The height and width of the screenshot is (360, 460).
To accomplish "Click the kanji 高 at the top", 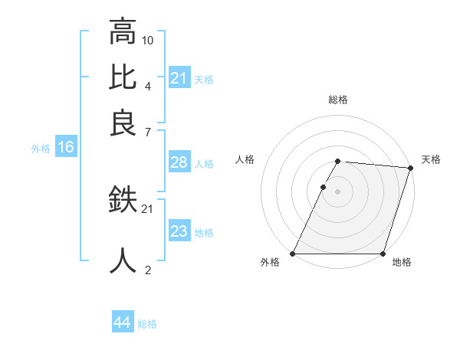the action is click(x=123, y=32).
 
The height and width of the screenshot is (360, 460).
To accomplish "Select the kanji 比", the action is click(x=123, y=78).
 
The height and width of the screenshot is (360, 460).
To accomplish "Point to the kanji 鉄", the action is click(x=123, y=201).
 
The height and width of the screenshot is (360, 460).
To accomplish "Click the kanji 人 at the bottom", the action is click(x=123, y=260).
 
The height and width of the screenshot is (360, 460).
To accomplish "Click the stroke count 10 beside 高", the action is click(x=148, y=40).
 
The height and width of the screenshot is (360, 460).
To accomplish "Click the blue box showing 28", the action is click(x=179, y=163).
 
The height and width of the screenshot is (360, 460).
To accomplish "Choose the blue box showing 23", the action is click(x=179, y=232).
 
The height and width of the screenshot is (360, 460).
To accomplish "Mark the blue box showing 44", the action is click(x=122, y=323).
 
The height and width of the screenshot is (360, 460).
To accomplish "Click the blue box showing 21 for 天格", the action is click(x=179, y=79).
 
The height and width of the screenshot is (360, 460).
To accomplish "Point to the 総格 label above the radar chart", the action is click(x=337, y=100).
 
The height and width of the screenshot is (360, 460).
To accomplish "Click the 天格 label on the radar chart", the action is click(x=431, y=159).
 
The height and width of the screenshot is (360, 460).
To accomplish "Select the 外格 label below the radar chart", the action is click(x=270, y=263).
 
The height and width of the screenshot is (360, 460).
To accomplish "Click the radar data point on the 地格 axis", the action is click(x=383, y=254).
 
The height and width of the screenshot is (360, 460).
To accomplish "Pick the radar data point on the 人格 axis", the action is click(x=324, y=187).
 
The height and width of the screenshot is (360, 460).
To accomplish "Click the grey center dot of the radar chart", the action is click(x=337, y=191).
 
